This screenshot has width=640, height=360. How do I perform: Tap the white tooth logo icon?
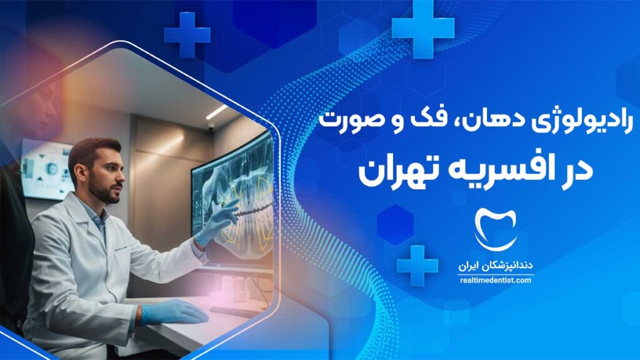point(496,229)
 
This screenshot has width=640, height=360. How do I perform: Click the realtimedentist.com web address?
point(496,281)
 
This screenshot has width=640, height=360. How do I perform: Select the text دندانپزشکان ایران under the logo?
point(496,266)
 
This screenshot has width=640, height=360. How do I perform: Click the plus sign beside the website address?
point(417,265)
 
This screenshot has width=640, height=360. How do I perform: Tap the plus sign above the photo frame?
point(187,35)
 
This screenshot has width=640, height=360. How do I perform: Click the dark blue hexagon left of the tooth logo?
point(395,225)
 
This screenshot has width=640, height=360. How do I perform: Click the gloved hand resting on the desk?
point(174,312)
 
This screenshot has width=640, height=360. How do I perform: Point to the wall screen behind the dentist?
point(46,169)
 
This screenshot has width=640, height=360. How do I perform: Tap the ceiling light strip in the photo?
point(217,112)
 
